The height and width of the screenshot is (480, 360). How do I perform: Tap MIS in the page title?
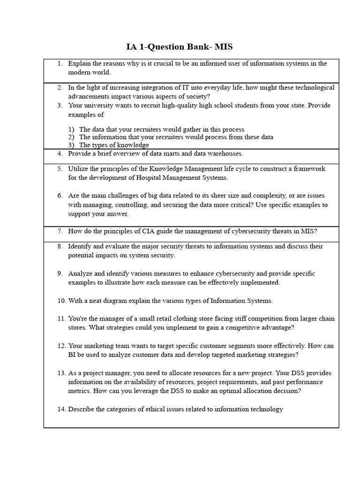pyautogui.click(x=223, y=47)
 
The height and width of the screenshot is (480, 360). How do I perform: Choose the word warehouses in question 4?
pyautogui.click(x=226, y=153)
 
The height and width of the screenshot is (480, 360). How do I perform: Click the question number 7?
pyautogui.click(x=60, y=231)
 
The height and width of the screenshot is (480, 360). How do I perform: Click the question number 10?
pyautogui.click(x=61, y=300)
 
